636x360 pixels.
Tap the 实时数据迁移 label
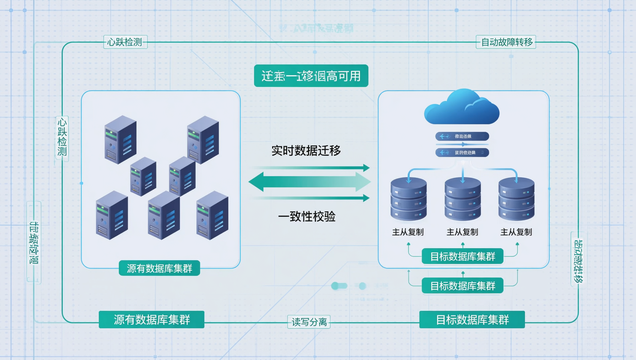point(306,151)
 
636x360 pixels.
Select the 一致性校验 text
point(307,216)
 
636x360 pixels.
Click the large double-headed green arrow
point(310,182)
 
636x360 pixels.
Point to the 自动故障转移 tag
point(506,42)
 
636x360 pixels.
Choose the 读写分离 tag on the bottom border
point(309,322)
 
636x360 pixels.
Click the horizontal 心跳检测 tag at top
point(125,42)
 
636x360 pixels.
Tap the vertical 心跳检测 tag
point(62,137)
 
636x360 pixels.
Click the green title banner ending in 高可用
point(311,76)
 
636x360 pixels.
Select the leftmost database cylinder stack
point(408,199)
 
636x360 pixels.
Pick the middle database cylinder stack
point(462,199)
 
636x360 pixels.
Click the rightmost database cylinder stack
point(516,199)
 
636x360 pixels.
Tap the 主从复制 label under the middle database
point(462,232)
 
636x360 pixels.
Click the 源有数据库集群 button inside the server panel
point(159,268)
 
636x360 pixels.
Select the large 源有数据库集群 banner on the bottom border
point(151,319)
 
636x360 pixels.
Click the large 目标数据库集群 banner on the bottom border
point(472,319)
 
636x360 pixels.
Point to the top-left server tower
point(120,139)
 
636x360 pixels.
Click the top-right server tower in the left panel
point(203,139)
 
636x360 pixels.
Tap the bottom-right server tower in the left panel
point(212,216)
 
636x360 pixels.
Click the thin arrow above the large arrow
point(311,168)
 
